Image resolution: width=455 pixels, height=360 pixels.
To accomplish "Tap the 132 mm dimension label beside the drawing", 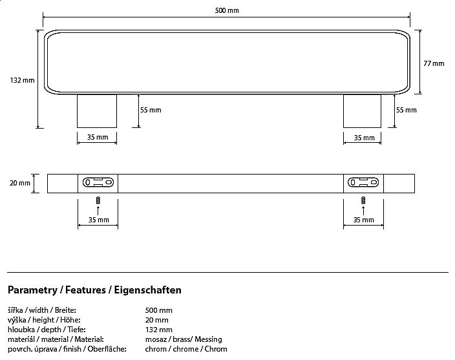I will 22,81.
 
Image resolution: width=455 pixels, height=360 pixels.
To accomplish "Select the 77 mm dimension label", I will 434,63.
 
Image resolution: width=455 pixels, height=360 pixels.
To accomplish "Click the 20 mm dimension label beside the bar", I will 20,183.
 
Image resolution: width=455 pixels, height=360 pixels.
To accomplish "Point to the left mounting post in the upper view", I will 97,111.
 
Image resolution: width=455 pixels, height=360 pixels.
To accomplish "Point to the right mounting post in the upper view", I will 362,111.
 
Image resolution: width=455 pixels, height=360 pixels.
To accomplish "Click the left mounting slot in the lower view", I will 98,182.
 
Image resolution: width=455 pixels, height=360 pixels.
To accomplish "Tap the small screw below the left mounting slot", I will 98,200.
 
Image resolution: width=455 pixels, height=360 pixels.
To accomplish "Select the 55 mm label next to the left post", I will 151,110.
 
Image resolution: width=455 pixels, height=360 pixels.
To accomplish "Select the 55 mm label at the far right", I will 406,110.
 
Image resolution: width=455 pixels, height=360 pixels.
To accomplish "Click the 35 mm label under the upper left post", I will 98,138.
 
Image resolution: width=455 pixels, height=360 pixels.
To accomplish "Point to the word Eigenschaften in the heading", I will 147,290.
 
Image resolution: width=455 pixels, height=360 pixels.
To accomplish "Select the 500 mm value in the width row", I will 158,310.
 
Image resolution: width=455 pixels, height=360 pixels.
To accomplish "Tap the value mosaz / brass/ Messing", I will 183,339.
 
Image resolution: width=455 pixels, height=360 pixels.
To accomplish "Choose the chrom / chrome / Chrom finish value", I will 186,349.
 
